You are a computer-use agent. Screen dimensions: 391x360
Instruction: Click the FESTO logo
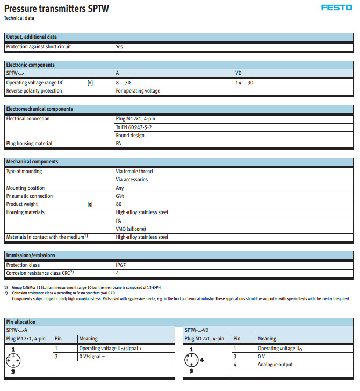pos(336,8)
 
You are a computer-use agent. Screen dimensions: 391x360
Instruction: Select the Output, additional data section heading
pos(31,37)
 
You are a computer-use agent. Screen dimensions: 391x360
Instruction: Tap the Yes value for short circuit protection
pos(119,47)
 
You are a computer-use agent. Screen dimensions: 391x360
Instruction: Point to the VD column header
pos(239,73)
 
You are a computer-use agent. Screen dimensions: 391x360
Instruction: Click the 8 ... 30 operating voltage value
pos(123,83)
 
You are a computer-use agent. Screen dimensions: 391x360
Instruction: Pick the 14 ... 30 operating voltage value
pos(244,83)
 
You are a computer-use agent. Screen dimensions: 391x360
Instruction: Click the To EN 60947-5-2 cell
pos(134,127)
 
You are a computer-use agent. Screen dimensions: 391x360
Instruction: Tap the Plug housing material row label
pos(29,144)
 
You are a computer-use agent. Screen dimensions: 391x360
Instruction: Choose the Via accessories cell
pos(132,180)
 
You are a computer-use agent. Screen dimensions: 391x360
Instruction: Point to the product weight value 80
pos(119,204)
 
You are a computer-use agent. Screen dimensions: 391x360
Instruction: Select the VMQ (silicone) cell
pos(131,229)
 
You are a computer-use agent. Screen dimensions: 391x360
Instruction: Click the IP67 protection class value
pos(121,265)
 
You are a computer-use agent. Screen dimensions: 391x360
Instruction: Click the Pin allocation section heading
pos(21,322)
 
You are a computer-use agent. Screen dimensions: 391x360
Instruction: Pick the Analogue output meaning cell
pos(276,365)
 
